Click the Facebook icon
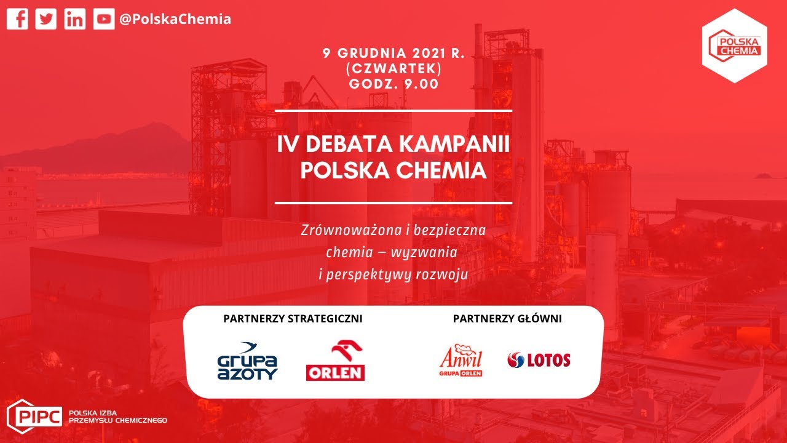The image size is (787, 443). pyautogui.click(x=17, y=18)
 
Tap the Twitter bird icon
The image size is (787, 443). pyautogui.click(x=45, y=18)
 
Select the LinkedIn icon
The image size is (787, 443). pyautogui.click(x=75, y=18)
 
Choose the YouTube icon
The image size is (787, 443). pyautogui.click(x=104, y=18)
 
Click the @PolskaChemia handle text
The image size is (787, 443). pyautogui.click(x=175, y=19)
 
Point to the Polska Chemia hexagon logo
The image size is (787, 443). pyautogui.click(x=735, y=46)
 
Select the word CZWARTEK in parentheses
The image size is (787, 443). pyautogui.click(x=394, y=68)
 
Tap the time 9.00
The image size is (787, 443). pyautogui.click(x=422, y=84)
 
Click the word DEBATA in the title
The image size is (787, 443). pyautogui.click(x=349, y=144)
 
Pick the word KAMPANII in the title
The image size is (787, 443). pyautogui.click(x=454, y=144)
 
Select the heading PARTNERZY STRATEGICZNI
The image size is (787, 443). pyautogui.click(x=293, y=319)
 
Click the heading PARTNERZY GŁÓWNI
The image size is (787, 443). pyautogui.click(x=507, y=319)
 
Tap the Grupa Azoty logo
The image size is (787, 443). pyautogui.click(x=248, y=361)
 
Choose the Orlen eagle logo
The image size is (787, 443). pyautogui.click(x=335, y=361)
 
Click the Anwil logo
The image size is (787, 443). pyautogui.click(x=461, y=361)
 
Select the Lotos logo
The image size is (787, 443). pyautogui.click(x=539, y=360)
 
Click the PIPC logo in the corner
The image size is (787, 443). pyautogui.click(x=87, y=417)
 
